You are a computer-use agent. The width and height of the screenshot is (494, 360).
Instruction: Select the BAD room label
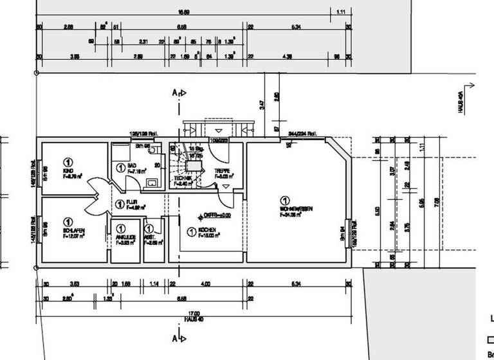click(x=132, y=166)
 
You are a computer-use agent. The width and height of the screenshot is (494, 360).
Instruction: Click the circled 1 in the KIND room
click(x=68, y=161)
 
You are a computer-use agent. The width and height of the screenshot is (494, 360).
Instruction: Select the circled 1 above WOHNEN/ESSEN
click(x=284, y=200)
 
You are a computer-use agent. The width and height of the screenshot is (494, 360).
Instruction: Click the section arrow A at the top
click(x=178, y=93)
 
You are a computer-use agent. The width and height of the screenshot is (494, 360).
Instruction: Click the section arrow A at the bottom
click(x=178, y=336)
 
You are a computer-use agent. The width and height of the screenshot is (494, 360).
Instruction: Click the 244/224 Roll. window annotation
click(x=304, y=134)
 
